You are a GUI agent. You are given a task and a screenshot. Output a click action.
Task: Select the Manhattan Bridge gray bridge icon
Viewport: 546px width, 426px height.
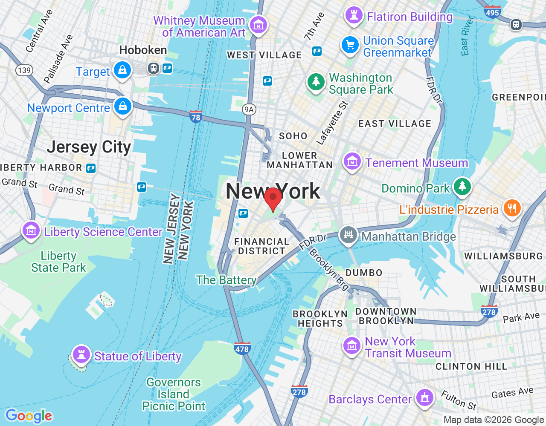pos(348,235)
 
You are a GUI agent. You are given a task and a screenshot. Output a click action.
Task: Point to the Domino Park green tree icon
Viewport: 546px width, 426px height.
pos(462,187)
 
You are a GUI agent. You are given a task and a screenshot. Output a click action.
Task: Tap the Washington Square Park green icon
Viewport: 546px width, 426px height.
pos(316,81)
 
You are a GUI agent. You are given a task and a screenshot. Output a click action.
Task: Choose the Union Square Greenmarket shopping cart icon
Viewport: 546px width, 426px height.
pos(350,45)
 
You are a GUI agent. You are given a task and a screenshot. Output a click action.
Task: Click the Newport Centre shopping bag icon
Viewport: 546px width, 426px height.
pos(123,106)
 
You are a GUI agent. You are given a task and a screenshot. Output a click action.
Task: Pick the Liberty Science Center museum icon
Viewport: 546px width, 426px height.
pos(31,230)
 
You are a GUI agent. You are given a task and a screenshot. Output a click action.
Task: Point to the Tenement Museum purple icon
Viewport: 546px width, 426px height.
pos(352,161)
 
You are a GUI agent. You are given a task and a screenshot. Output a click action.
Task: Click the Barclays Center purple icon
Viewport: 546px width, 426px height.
pos(424,397)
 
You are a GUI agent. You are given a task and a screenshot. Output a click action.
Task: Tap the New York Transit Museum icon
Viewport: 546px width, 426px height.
pos(352,345)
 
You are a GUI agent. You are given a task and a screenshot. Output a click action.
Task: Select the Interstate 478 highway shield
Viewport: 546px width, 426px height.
pos(242,348)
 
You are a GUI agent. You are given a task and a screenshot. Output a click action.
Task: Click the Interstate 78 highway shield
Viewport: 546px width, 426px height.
pos(196,116)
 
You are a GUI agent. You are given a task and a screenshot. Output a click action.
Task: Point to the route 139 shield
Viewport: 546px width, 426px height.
pos(24,70)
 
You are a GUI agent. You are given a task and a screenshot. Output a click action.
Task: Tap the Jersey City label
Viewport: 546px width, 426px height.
pos(89,147)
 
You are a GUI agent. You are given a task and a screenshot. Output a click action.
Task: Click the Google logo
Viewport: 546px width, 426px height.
pos(29,415)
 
